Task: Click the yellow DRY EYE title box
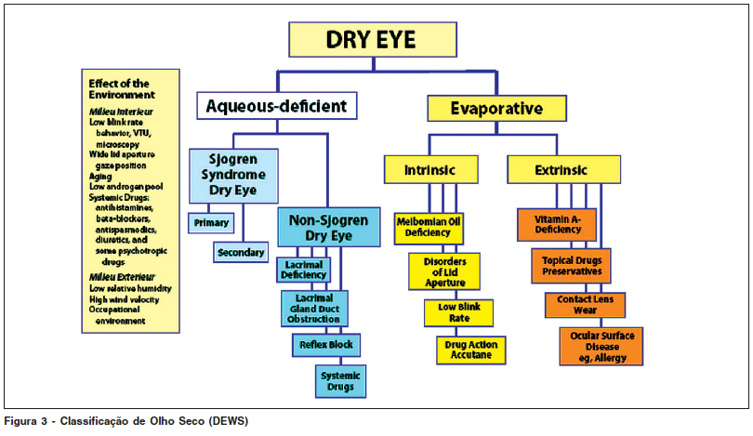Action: click(371, 39)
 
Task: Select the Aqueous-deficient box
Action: click(278, 105)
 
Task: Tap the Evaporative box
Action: click(495, 109)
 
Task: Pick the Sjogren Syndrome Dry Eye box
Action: click(233, 175)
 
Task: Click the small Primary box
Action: click(212, 224)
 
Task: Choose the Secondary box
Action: click(241, 252)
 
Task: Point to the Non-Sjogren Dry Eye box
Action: click(329, 228)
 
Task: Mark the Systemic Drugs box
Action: click(340, 379)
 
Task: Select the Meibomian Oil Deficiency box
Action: click(429, 227)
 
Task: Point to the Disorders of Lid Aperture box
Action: click(443, 271)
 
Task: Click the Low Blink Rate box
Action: click(458, 312)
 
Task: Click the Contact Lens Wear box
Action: click(585, 305)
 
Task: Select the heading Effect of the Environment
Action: click(122, 89)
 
